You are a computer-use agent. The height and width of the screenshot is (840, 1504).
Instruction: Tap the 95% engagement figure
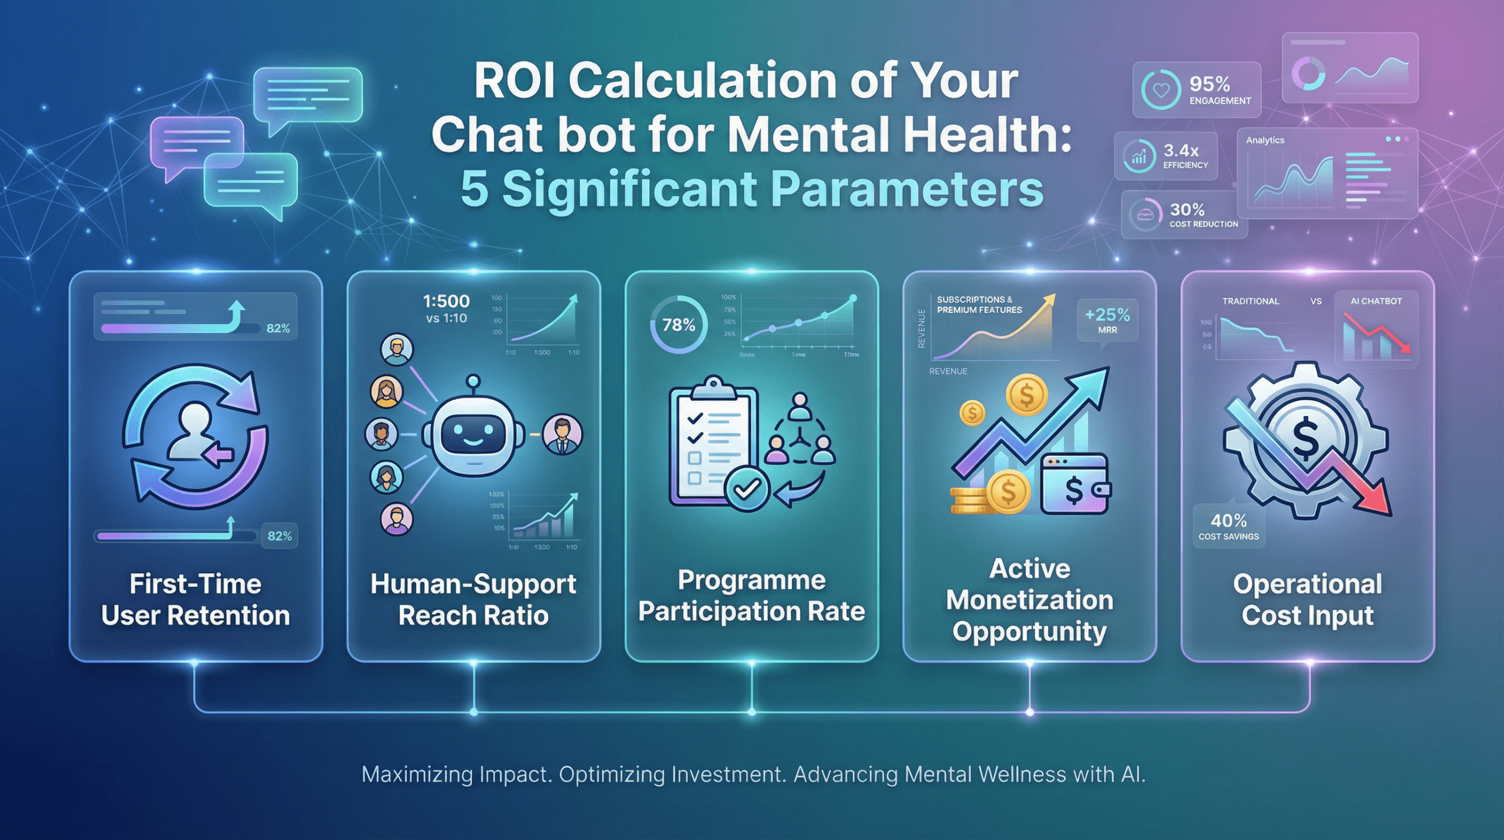pos(1209,84)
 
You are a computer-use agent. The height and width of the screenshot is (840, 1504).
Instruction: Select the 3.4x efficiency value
pos(1181,150)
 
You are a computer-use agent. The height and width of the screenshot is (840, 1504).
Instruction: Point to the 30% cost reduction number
pos(1187,210)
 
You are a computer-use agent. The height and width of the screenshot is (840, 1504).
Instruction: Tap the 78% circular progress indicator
pos(679,324)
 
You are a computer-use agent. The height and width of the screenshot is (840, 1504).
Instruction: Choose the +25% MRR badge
pos(1107,320)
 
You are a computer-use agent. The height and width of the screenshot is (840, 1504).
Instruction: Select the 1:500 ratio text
pos(446,302)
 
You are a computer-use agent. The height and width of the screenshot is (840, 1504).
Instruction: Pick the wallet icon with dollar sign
pos(1075,484)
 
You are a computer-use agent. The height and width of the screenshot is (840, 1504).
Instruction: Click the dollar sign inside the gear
pos(1305,437)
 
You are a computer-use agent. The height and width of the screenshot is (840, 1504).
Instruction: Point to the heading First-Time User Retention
pos(196,600)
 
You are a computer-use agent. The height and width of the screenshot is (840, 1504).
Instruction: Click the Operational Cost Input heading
pos(1307,600)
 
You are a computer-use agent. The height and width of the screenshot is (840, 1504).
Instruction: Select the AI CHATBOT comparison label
pos(1376,301)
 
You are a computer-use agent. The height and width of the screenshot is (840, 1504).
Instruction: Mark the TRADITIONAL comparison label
pos(1250,301)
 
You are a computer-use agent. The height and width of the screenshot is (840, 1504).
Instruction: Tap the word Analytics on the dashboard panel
pos(1265,140)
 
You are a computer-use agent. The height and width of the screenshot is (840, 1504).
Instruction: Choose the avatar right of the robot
pos(562,434)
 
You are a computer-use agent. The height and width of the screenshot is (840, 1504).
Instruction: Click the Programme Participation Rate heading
pos(751,595)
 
